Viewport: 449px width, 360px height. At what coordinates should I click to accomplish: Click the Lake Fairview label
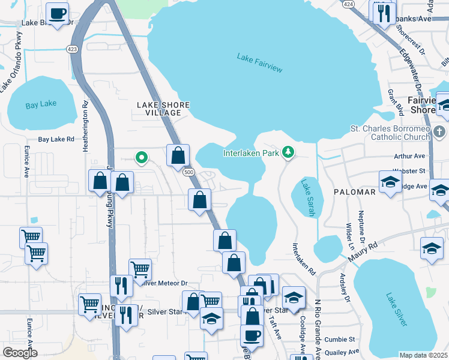(x=259, y=63)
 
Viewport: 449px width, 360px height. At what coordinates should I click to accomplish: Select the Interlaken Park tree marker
(x=289, y=152)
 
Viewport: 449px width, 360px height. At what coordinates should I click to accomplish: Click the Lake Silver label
(x=397, y=309)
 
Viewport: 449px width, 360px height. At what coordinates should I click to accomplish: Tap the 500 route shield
(x=190, y=172)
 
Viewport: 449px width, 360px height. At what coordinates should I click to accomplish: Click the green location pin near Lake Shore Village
(x=142, y=158)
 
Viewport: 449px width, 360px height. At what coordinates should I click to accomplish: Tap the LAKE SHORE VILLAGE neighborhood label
(x=163, y=109)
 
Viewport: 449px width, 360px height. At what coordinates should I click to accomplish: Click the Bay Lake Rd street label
(x=56, y=139)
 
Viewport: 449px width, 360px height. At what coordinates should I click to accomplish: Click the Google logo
(x=20, y=353)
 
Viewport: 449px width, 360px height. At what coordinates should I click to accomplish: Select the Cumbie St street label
(x=340, y=339)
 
